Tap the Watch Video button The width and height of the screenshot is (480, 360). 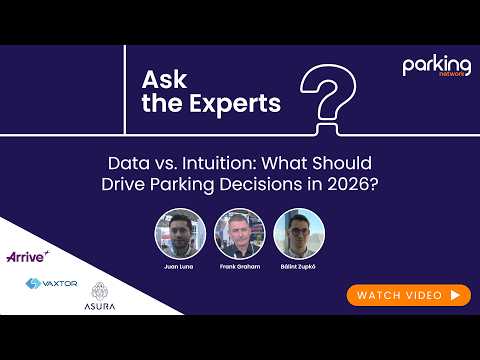[x=408, y=295]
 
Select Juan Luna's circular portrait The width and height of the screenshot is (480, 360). [x=180, y=234]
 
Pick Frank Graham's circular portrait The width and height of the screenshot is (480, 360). [x=239, y=234]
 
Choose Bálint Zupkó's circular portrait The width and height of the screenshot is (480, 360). [x=299, y=234]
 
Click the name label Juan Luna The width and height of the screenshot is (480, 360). [x=180, y=270]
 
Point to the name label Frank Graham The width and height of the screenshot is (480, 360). [x=239, y=270]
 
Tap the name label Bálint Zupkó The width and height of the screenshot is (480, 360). [x=299, y=270]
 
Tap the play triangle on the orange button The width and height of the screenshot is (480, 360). [x=455, y=295]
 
